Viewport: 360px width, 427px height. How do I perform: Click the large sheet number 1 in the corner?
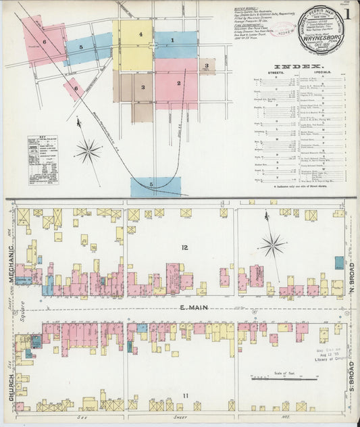click(347, 13)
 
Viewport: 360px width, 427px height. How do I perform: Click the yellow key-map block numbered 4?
click(140, 34)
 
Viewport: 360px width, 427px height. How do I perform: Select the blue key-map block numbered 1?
click(173, 41)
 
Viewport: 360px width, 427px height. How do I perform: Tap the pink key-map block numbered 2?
click(178, 83)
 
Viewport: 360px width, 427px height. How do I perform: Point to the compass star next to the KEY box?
click(88, 151)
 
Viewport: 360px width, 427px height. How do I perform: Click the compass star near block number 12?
click(273, 245)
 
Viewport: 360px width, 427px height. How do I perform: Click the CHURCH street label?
click(11, 385)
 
